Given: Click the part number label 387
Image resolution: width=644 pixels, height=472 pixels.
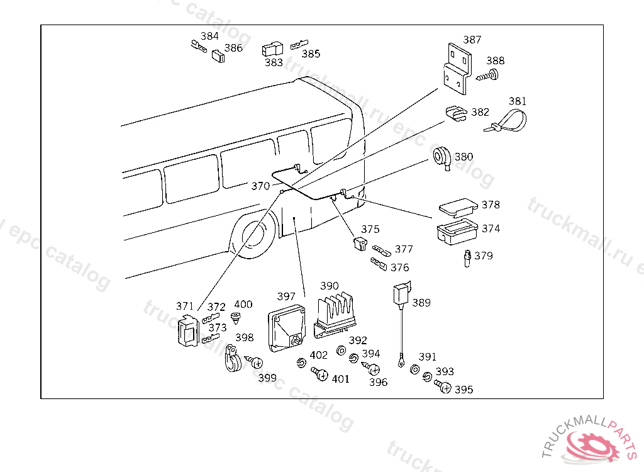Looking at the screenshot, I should click(472, 40).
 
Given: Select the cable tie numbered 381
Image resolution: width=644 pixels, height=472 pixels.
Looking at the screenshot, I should click(506, 121).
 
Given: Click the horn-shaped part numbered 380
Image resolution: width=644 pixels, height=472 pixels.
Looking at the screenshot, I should click(441, 157).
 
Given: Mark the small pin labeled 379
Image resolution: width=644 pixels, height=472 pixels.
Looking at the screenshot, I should click(467, 257).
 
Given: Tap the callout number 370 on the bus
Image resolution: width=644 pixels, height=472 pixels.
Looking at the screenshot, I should click(260, 186).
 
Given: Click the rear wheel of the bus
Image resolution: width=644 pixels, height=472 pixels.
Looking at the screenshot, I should click(255, 238).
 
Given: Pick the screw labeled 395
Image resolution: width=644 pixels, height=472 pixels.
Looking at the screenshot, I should click(443, 387).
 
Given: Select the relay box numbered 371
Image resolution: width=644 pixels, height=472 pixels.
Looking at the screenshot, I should click(187, 331).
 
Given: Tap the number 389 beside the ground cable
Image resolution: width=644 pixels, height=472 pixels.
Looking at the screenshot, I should click(421, 303).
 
